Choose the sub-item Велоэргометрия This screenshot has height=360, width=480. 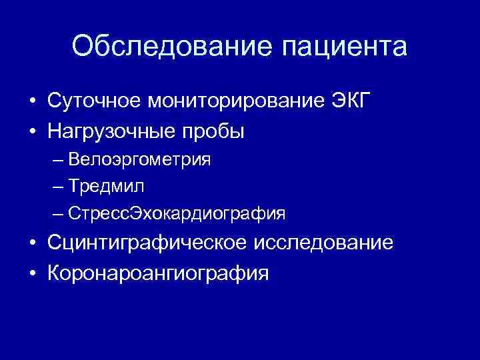point(139,160)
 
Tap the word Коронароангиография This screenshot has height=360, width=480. point(159,273)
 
